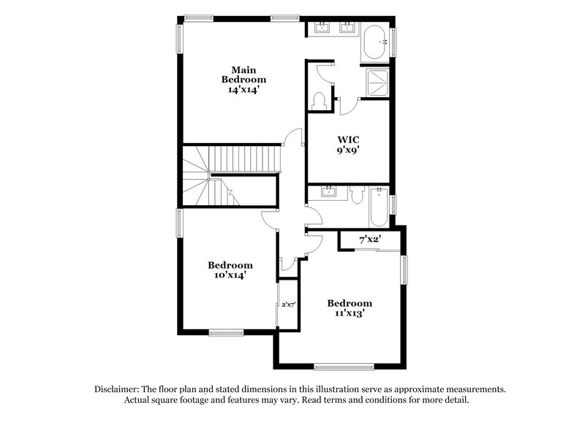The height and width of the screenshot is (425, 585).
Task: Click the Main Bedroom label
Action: click(244, 79)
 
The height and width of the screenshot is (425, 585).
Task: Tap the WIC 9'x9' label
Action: click(348, 144)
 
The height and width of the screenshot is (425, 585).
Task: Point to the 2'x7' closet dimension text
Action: click(288, 305)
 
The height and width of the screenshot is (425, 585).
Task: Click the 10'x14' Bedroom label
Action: click(230, 270)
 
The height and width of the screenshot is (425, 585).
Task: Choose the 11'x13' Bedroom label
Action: click(349, 307)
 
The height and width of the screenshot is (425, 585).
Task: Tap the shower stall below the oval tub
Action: click(377, 83)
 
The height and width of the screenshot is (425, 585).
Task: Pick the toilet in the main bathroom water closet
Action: click(319, 100)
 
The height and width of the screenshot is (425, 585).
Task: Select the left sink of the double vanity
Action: click(322, 29)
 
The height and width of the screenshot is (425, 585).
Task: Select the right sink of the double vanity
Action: click(348, 29)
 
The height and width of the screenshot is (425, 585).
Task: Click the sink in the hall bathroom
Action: click(328, 193)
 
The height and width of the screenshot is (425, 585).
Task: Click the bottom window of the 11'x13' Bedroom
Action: click(338, 366)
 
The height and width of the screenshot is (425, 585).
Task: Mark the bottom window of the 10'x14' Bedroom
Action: click(227, 333)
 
